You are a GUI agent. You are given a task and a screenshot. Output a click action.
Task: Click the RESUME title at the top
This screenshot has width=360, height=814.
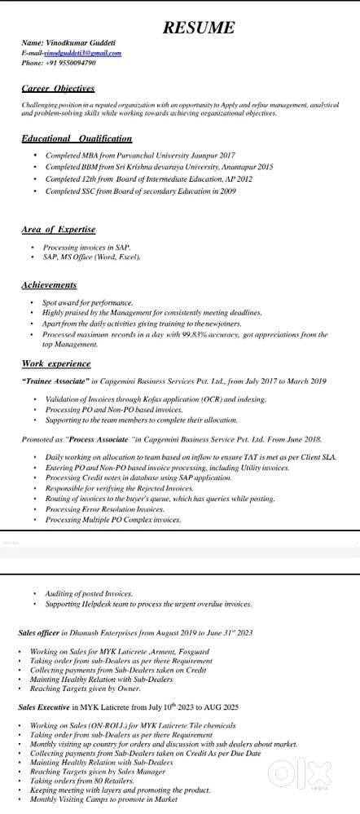(x=199, y=29)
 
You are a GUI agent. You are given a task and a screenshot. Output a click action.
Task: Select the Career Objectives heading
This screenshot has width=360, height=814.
(x=58, y=87)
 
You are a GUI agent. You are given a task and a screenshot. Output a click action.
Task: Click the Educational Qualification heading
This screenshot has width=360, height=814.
(x=77, y=139)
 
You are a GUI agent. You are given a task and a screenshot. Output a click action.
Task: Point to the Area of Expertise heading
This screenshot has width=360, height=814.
(x=59, y=230)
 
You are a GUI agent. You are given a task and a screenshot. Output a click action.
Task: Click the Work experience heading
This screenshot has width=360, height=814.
(x=56, y=363)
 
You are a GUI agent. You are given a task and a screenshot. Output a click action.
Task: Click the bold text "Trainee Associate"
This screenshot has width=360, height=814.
(x=59, y=381)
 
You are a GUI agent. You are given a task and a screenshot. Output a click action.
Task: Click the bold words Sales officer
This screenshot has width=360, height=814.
(x=40, y=631)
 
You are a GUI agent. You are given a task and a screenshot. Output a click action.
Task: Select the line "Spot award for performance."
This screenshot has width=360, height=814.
(x=87, y=302)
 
